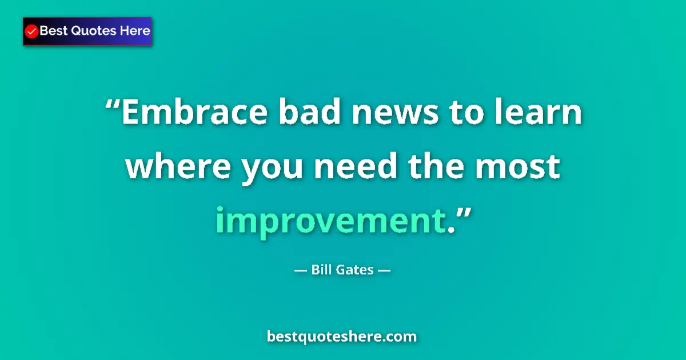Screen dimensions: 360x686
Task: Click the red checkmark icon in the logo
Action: coord(32,31)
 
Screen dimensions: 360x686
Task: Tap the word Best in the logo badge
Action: coord(52,31)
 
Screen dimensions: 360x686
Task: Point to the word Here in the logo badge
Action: coord(135,31)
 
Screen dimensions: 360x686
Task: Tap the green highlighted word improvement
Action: coord(330,220)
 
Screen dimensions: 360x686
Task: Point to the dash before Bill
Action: coord(300,270)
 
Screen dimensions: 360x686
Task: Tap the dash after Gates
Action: coord(384,270)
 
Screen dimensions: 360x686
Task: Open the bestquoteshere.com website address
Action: coord(342,337)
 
